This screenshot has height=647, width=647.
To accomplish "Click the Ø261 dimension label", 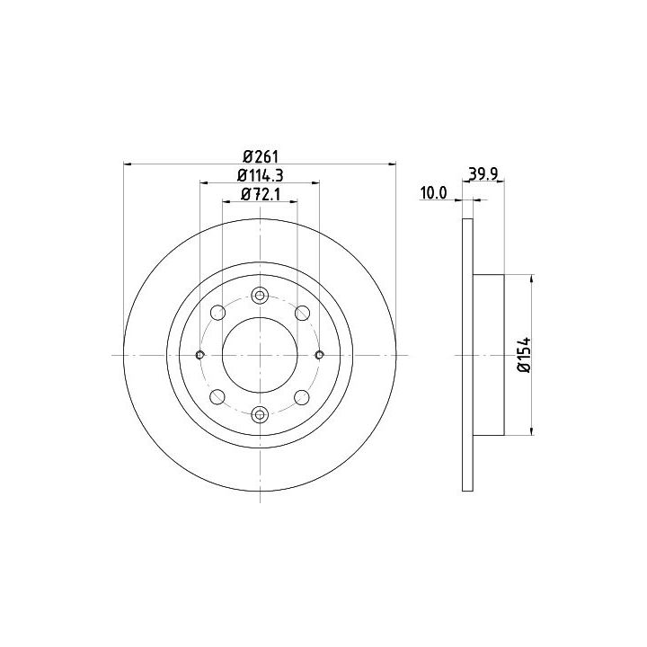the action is click(x=261, y=156).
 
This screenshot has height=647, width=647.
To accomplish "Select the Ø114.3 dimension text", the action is click(x=261, y=176).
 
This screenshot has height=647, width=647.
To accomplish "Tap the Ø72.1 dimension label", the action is click(x=261, y=194).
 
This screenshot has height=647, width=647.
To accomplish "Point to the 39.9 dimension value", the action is click(x=483, y=174).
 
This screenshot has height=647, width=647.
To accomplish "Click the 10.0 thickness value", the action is click(x=433, y=192).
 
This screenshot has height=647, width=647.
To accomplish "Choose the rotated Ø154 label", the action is click(x=524, y=355).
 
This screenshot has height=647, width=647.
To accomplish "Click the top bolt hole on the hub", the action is click(x=260, y=296).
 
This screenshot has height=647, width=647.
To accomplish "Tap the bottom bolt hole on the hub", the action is click(x=260, y=414).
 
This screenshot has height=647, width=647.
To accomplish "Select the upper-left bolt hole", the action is click(x=217, y=313).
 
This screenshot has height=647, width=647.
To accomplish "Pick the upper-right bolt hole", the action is click(x=302, y=313).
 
